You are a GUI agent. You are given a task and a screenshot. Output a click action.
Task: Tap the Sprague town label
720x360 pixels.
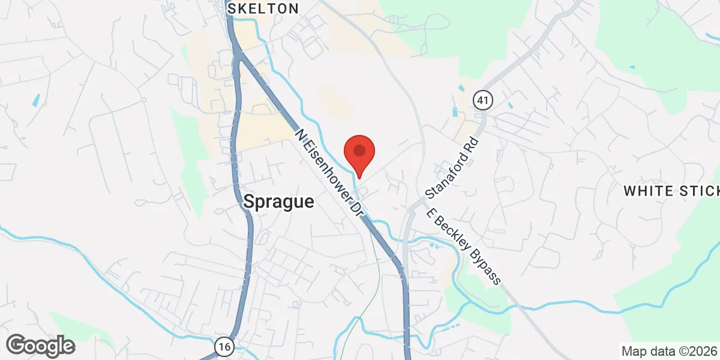tap(278, 202)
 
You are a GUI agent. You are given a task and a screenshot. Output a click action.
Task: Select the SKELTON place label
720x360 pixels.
tap(262, 8)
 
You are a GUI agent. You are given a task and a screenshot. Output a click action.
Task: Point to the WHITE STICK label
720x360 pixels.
tap(671, 191)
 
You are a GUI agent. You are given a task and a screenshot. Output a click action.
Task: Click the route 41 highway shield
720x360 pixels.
tap(482, 100)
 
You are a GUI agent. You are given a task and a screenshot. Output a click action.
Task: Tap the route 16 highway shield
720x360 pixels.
tap(224, 346)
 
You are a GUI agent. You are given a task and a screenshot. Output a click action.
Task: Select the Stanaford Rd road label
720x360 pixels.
tap(451, 170)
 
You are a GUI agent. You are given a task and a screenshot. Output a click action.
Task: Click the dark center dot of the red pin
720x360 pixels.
tap(359, 150)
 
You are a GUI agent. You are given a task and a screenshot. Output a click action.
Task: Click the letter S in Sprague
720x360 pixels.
tap(248, 202)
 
